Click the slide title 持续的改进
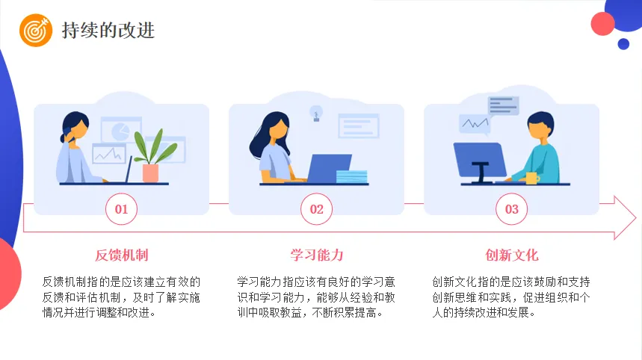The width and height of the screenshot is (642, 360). point(108,31)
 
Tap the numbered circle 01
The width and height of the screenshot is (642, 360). point(121,209)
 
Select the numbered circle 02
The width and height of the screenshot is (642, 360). point(316,209)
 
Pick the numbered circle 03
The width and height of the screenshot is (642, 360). point(511,209)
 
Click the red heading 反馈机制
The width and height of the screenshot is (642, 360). point(121,255)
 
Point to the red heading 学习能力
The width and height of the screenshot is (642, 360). point(316,255)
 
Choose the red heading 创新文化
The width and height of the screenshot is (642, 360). point(511,255)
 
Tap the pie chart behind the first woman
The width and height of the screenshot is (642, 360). point(120,131)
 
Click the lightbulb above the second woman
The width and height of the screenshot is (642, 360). point(316,114)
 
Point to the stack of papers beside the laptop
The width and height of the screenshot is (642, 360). point(352,176)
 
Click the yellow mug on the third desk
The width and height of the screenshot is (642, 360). point(531,178)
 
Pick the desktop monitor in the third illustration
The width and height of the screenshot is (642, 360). point(478,160)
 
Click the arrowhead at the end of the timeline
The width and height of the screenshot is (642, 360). point(623,218)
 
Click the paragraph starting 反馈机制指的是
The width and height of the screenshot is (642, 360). point(121,297)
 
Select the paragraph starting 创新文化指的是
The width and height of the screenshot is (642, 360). point(511,297)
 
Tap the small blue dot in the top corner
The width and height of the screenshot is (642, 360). point(623,43)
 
